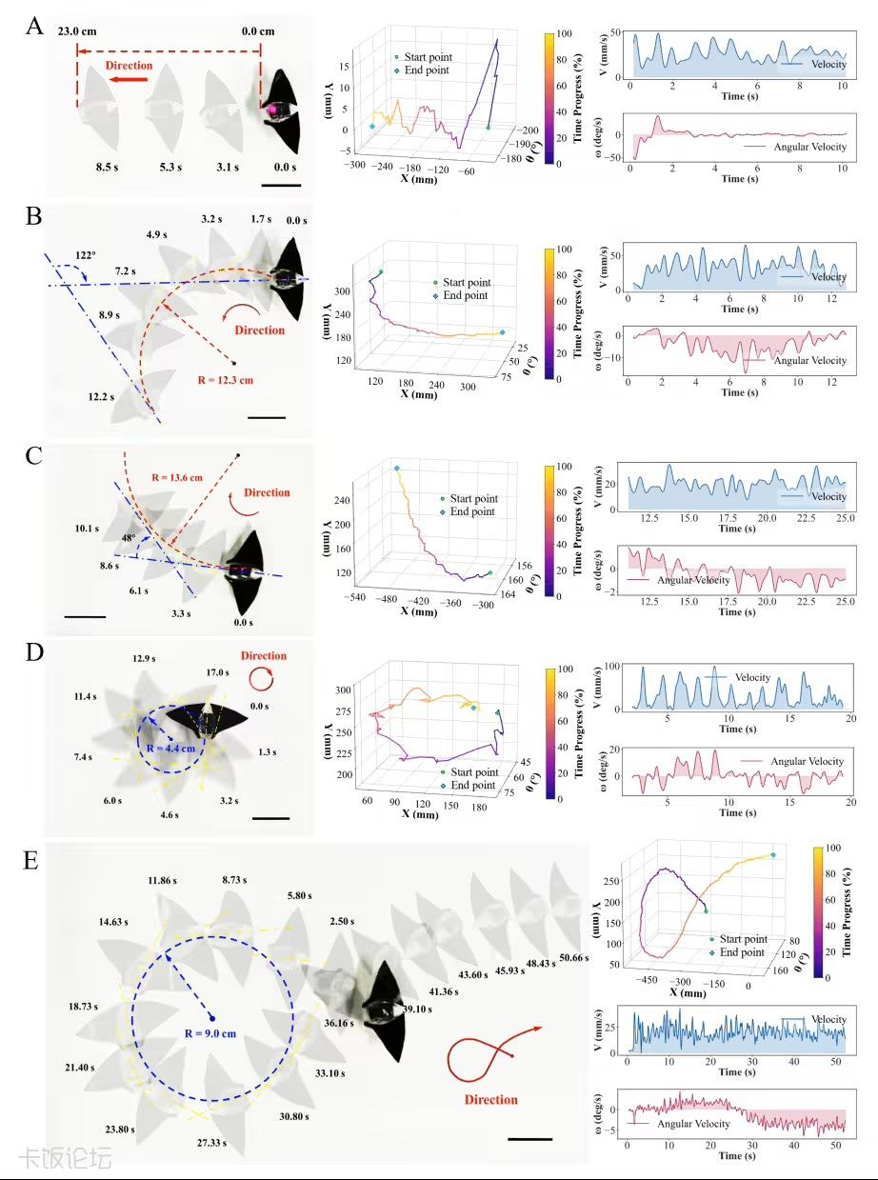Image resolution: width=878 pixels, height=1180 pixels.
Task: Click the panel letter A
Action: pos(34,26)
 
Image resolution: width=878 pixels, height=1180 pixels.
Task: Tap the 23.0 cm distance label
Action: pos(77,31)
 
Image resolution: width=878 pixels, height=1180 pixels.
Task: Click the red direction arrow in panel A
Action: pos(129,80)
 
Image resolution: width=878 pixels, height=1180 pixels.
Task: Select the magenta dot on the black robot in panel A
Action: pos(272,110)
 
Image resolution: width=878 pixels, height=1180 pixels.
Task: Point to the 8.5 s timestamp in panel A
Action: pos(107,167)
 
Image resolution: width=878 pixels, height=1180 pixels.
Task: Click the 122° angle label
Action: pos(86,255)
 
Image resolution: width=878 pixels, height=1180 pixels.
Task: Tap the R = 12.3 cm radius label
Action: pos(226,380)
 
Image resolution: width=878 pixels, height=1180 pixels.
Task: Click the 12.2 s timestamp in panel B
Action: pos(101,397)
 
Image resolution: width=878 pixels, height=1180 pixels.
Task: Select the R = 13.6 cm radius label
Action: pos(177,477)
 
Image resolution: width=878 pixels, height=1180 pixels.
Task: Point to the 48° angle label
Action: pos(129,538)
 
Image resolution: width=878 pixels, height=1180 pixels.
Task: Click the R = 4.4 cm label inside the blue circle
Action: pos(170,749)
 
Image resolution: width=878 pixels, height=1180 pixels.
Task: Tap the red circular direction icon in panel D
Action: pos(262,679)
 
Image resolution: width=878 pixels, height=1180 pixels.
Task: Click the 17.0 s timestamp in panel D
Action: pos(218,672)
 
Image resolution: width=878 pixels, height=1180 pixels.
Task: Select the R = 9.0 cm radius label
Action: pos(210,1033)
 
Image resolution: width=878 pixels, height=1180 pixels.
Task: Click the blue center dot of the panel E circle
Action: pos(211,1018)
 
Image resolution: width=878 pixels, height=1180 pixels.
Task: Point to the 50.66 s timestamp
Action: pos(573,958)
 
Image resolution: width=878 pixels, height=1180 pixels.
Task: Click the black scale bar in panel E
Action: pos(530,1139)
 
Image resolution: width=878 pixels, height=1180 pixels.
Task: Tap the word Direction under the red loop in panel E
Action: pos(490,1100)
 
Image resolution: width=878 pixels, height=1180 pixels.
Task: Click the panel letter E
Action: pos(30,860)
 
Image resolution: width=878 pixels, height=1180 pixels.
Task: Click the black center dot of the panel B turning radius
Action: pos(233,363)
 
